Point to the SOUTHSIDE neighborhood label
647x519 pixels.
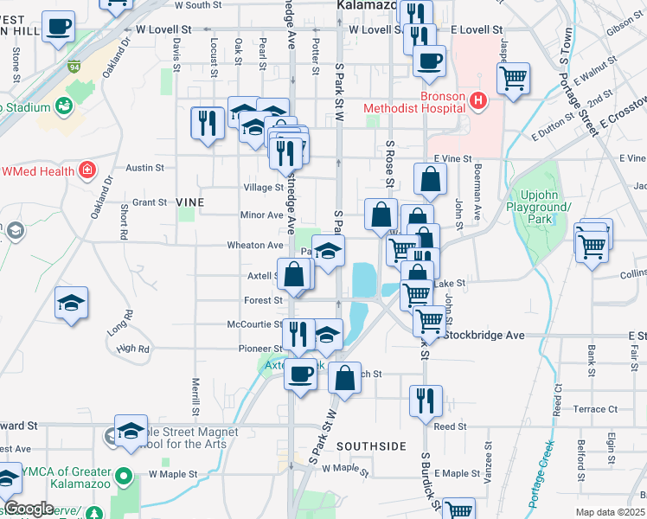click(x=371, y=446)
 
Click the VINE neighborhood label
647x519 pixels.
click(x=189, y=202)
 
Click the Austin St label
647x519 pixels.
click(x=144, y=167)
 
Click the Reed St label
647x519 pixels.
click(x=450, y=426)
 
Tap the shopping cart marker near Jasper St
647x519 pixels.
click(x=514, y=79)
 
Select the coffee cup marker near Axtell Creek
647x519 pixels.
click(x=301, y=375)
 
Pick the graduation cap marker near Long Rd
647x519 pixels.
click(x=72, y=303)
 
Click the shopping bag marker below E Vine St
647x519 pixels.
click(x=430, y=179)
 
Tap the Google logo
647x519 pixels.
click(x=29, y=509)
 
